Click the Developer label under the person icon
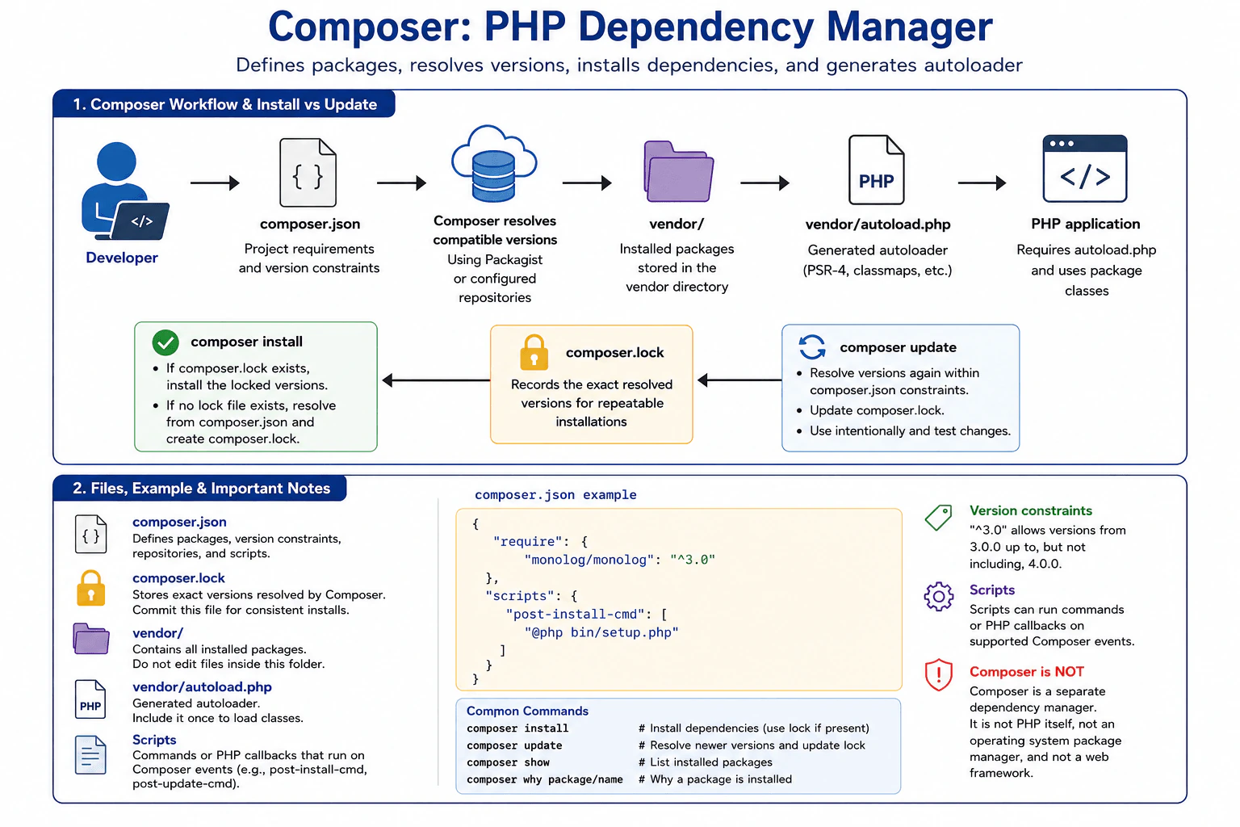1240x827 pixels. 122,258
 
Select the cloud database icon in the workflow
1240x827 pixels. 494,163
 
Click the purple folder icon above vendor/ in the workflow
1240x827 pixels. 679,171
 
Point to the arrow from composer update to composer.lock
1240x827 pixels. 739,380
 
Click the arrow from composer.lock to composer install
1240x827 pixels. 436,380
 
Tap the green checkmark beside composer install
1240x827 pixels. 165,342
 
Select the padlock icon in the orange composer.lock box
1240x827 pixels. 534,353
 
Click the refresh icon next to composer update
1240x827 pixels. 812,346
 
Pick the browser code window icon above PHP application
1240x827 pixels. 1085,169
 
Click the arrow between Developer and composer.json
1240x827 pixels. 215,183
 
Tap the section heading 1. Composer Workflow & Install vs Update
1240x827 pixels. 224,104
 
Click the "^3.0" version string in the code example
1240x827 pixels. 693,560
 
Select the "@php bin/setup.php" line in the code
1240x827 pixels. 601,632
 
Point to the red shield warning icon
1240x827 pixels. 939,674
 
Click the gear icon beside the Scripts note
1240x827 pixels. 939,597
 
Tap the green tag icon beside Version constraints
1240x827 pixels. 938,518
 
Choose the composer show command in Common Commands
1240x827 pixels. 508,762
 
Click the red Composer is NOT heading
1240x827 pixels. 1026,671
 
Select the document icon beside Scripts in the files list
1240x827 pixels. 90,754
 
